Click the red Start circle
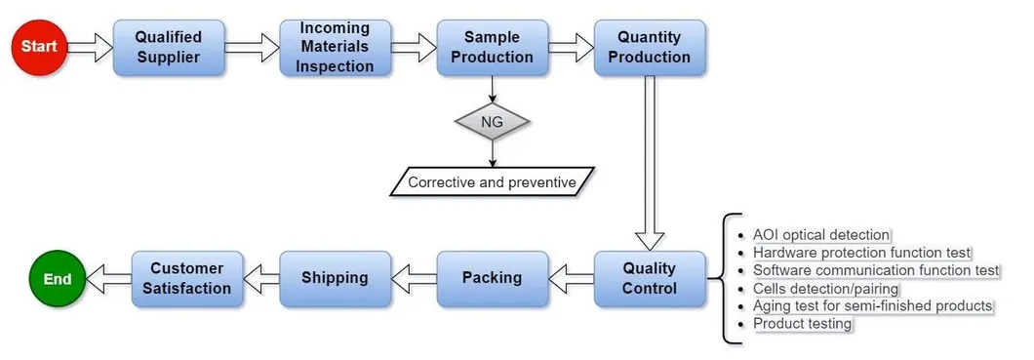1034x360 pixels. pyautogui.click(x=39, y=46)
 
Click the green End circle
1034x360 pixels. pyautogui.click(x=58, y=279)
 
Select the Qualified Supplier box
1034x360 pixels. pyautogui.click(x=168, y=47)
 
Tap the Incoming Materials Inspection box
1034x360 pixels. pyautogui.click(x=336, y=47)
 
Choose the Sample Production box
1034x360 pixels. pyautogui.click(x=492, y=47)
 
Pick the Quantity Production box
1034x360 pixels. pyautogui.click(x=649, y=47)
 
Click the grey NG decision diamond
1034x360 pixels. pyautogui.click(x=492, y=122)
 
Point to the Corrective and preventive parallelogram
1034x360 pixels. pyautogui.click(x=492, y=181)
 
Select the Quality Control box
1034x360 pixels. pyautogui.click(x=649, y=278)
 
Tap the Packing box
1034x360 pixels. pyautogui.click(x=492, y=278)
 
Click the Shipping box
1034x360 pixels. pyautogui.click(x=336, y=278)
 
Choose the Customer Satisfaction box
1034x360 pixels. pyautogui.click(x=186, y=278)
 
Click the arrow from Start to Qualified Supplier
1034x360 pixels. pyautogui.click(x=91, y=47)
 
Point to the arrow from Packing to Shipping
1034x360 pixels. pyautogui.click(x=414, y=279)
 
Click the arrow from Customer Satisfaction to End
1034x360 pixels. pyautogui.click(x=108, y=279)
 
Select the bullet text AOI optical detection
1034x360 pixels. pyautogui.click(x=821, y=235)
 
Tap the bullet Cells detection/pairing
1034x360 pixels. pyautogui.click(x=825, y=289)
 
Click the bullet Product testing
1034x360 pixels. pyautogui.click(x=803, y=324)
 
